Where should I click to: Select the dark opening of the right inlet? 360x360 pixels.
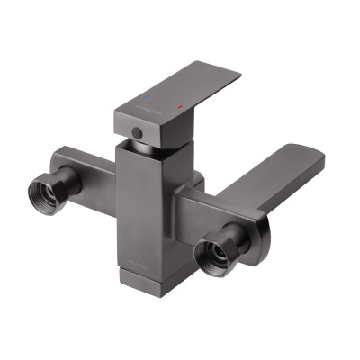pyautogui.click(x=215, y=253)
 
